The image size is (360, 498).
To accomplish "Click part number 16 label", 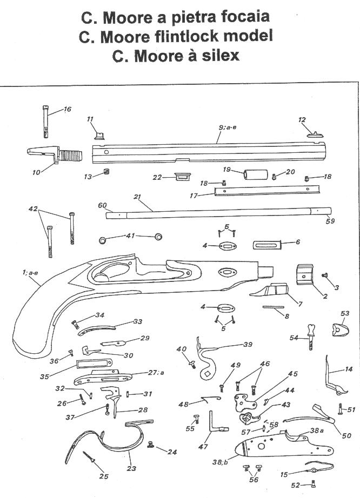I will (68, 110).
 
